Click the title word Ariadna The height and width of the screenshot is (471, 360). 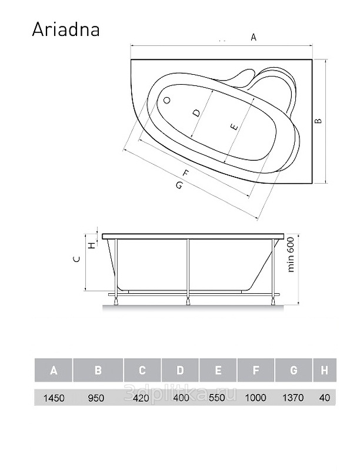pyautogui.click(x=66, y=29)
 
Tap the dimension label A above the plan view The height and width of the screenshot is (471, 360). pyautogui.click(x=254, y=38)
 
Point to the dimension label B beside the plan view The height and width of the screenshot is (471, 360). pyautogui.click(x=318, y=121)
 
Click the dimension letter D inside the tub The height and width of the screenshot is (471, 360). pyautogui.click(x=196, y=113)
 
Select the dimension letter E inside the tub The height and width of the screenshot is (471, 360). pyautogui.click(x=234, y=127)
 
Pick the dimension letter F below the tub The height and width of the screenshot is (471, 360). pyautogui.click(x=186, y=173)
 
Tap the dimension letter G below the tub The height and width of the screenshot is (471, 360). pyautogui.click(x=179, y=185)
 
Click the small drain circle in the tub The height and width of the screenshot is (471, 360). pyautogui.click(x=167, y=100)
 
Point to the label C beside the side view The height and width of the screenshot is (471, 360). pyautogui.click(x=77, y=259)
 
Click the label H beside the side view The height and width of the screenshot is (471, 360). pyautogui.click(x=92, y=245)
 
